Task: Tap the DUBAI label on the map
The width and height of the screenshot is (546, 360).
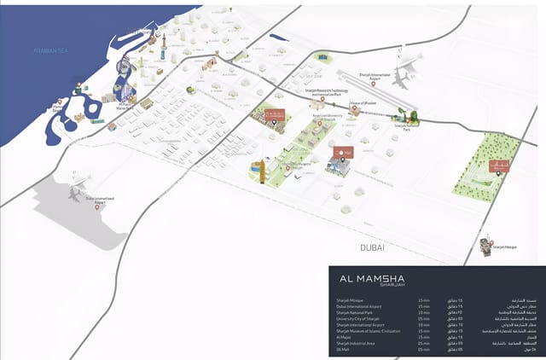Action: coord(372,247)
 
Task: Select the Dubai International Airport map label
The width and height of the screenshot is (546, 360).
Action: coord(100,200)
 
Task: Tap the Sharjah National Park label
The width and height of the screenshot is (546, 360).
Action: coord(409,126)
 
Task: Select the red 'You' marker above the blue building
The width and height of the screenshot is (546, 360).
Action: coord(344,152)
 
